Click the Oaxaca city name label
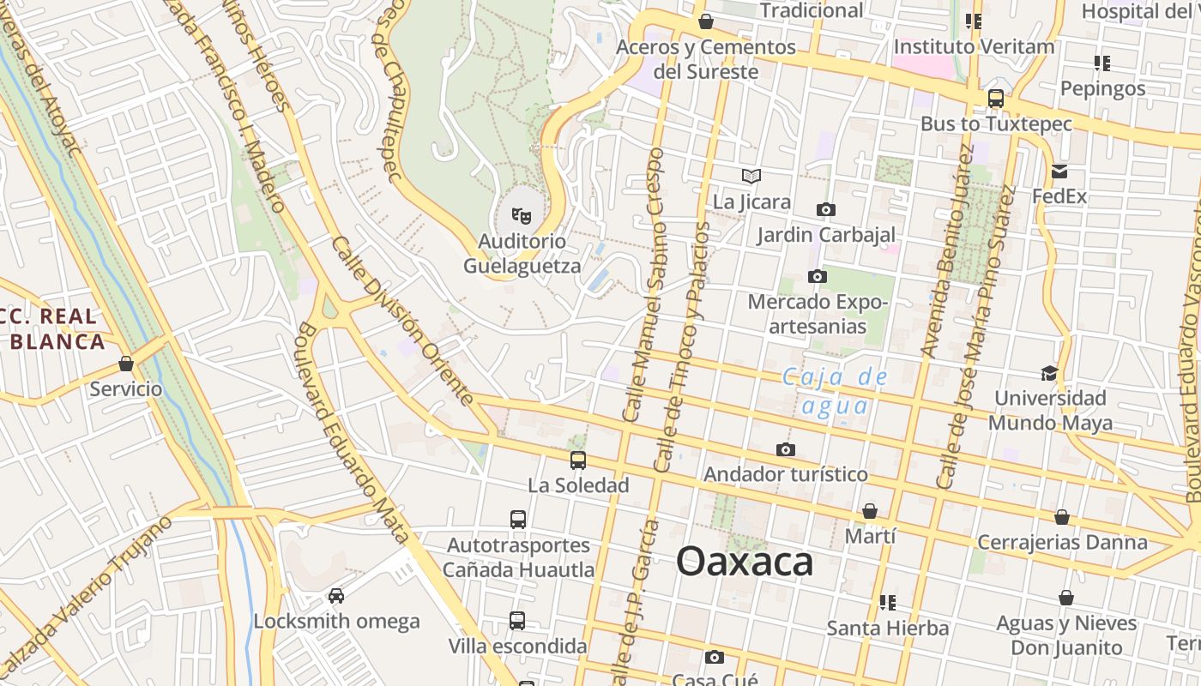(744, 563)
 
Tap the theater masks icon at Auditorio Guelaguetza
(521, 214)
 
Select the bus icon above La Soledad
(578, 460)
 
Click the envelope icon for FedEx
(1059, 171)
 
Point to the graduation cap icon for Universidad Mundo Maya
(1049, 373)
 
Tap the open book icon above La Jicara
(751, 177)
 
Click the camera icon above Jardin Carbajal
(826, 209)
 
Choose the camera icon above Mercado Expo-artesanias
(818, 276)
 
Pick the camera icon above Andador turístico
(785, 449)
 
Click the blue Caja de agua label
(835, 391)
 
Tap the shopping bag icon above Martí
(870, 511)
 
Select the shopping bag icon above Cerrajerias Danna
(1062, 517)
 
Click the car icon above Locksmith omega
(336, 595)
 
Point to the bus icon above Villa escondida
(517, 620)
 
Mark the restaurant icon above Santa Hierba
(887, 602)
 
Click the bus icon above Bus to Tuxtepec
(996, 99)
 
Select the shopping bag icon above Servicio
(126, 364)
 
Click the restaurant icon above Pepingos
(1102, 63)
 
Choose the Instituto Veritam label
(974, 46)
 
